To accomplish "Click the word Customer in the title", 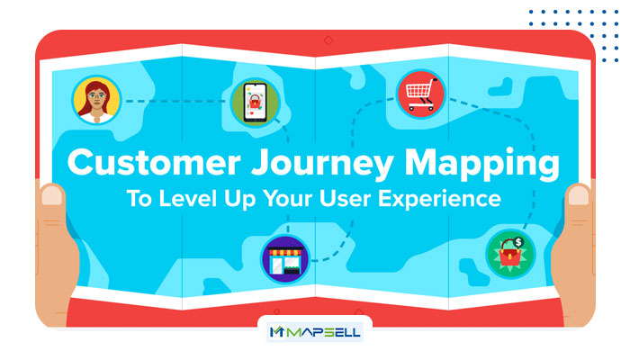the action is tap(154, 162).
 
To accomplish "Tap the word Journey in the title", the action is tap(322, 164).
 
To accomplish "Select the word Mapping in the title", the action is tap(481, 164).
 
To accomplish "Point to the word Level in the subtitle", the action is tap(187, 199).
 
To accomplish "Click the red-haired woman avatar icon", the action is tap(96, 100).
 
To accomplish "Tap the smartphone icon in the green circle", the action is tap(255, 103).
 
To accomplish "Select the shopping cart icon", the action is tap(420, 94).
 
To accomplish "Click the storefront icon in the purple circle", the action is tap(285, 259).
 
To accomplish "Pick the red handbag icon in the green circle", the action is tap(510, 254).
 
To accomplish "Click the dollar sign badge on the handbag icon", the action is tap(518, 242).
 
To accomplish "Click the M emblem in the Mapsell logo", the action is tap(277, 332).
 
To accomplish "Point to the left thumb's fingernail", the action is tap(52, 195).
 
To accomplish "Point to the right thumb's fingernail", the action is tap(579, 195).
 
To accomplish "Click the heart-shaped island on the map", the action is tap(500, 87).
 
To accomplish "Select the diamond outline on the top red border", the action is tap(328, 40).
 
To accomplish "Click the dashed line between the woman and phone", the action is tap(175, 101).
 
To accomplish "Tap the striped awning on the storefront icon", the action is tap(285, 252).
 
